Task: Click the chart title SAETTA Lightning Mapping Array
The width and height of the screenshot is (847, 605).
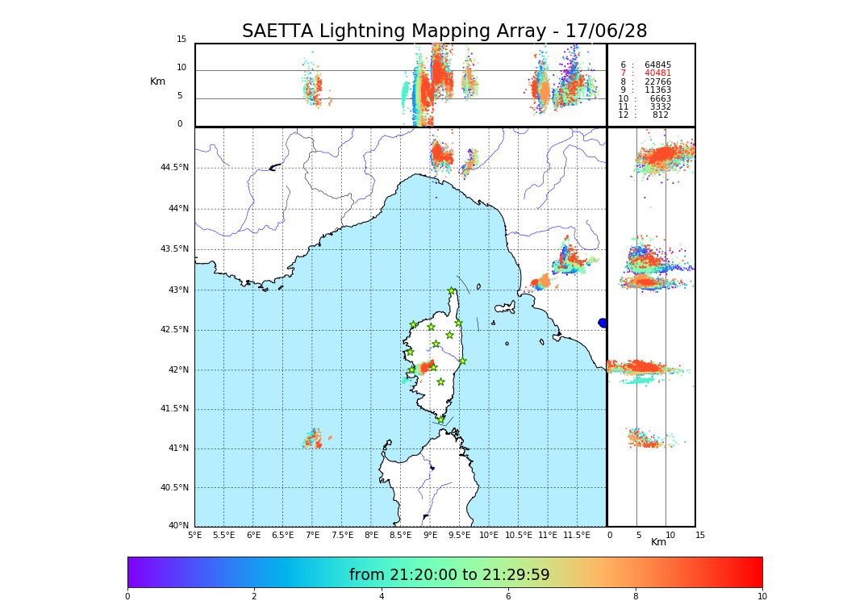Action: (444, 31)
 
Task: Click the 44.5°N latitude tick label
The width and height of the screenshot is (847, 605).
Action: (173, 168)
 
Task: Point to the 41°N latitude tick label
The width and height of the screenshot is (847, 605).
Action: (177, 449)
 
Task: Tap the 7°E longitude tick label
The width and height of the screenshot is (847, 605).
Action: (312, 535)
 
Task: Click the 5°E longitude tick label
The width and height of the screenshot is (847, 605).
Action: (194, 535)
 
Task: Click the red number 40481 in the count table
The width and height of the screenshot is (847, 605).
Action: (657, 73)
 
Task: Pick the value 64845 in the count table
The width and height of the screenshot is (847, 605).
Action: (657, 65)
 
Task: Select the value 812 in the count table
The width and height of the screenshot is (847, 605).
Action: (660, 115)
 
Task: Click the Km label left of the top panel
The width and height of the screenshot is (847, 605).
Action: (157, 81)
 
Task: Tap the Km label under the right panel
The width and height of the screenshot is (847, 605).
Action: (659, 542)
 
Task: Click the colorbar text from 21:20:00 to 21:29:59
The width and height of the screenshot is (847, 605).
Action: (449, 575)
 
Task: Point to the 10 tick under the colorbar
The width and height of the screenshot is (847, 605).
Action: (761, 596)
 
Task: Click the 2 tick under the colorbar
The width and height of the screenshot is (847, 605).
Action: (254, 596)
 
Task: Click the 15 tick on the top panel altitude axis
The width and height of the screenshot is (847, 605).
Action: (181, 40)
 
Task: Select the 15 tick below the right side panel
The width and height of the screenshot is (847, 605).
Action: (700, 535)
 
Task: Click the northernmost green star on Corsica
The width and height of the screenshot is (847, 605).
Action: (452, 291)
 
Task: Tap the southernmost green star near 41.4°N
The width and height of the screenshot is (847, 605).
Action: (440, 419)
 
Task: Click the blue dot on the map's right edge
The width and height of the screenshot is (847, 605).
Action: (603, 323)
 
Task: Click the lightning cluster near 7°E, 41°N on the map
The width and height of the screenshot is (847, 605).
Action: (313, 440)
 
